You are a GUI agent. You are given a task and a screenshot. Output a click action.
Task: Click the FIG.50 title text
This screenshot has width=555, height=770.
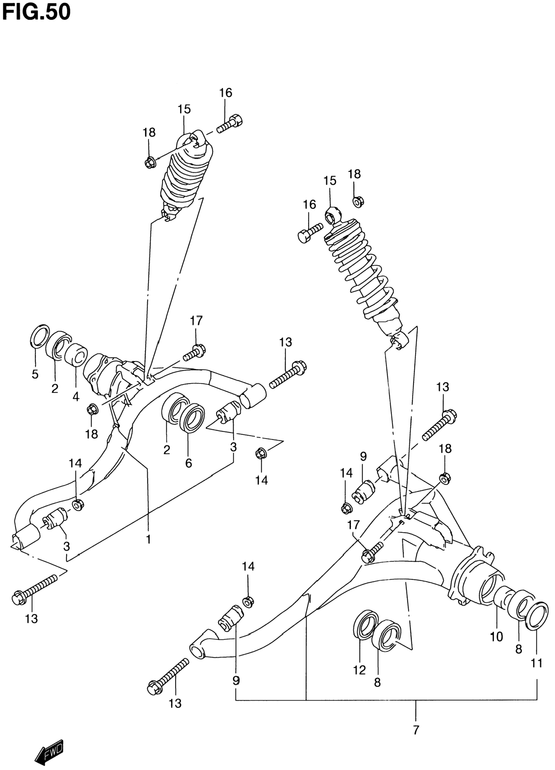coord(36,12)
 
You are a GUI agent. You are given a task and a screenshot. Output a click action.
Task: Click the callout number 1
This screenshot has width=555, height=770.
coord(148,539)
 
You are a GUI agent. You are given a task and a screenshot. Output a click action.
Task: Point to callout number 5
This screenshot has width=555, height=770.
coord(35,374)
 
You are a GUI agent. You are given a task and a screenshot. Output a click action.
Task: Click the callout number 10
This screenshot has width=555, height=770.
coord(496,637)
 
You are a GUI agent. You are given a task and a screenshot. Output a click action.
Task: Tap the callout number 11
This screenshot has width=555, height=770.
coord(537,663)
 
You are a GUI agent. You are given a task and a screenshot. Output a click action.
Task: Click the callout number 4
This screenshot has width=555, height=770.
coord(76,396)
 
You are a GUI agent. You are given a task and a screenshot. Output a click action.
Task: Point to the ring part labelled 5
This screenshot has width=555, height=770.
coord(40,336)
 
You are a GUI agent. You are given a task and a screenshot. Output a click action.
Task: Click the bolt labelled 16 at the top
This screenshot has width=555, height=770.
coord(230,124)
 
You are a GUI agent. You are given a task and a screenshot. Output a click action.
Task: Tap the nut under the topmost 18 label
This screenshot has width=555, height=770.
coord(149,163)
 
